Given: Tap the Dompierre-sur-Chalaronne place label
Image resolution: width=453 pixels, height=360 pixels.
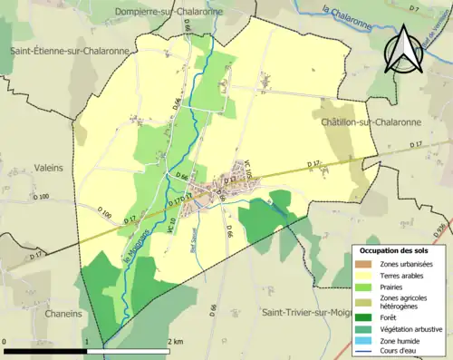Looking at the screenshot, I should tap(169, 11).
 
